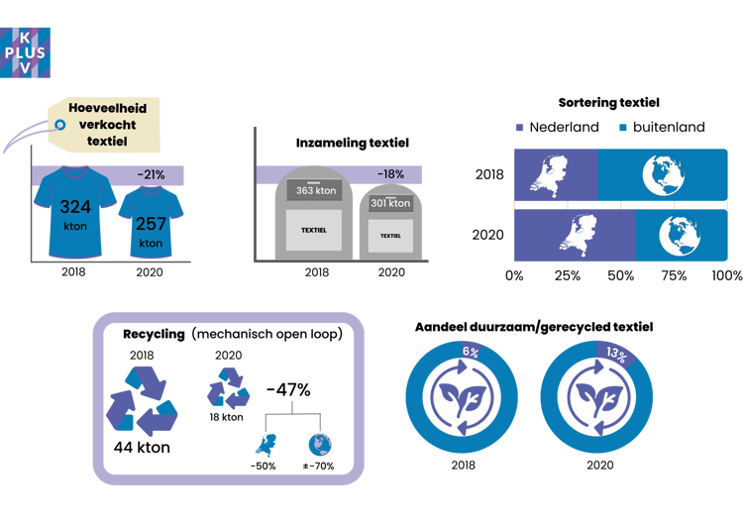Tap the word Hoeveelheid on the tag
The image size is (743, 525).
(108, 108)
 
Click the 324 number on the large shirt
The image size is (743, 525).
(75, 208)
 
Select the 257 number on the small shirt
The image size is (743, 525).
(151, 224)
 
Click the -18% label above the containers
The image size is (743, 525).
(389, 175)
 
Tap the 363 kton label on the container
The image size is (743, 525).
(315, 190)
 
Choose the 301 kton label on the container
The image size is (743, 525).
(390, 203)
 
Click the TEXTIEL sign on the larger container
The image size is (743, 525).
(313, 231)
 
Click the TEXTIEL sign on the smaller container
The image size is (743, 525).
(391, 236)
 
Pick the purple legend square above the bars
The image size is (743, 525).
(518, 128)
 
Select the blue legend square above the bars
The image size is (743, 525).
(622, 128)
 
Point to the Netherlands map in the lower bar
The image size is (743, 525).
(574, 237)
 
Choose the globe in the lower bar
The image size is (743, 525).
(681, 237)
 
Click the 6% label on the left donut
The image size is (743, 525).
(471, 352)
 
